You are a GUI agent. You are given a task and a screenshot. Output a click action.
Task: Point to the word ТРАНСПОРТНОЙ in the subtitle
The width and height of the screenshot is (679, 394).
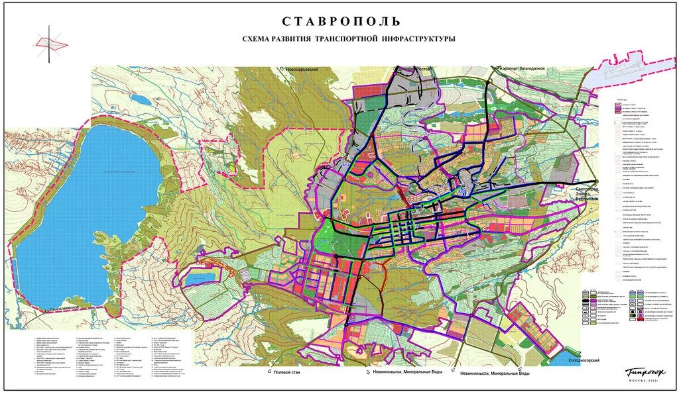click(x=348, y=40)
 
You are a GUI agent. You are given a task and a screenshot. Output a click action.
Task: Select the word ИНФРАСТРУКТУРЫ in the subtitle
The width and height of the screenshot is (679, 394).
click(x=419, y=40)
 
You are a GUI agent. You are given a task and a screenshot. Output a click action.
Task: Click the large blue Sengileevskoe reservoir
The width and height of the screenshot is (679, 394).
click(x=86, y=212)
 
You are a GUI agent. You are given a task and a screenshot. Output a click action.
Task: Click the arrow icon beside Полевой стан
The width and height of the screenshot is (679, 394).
click(x=271, y=373)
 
